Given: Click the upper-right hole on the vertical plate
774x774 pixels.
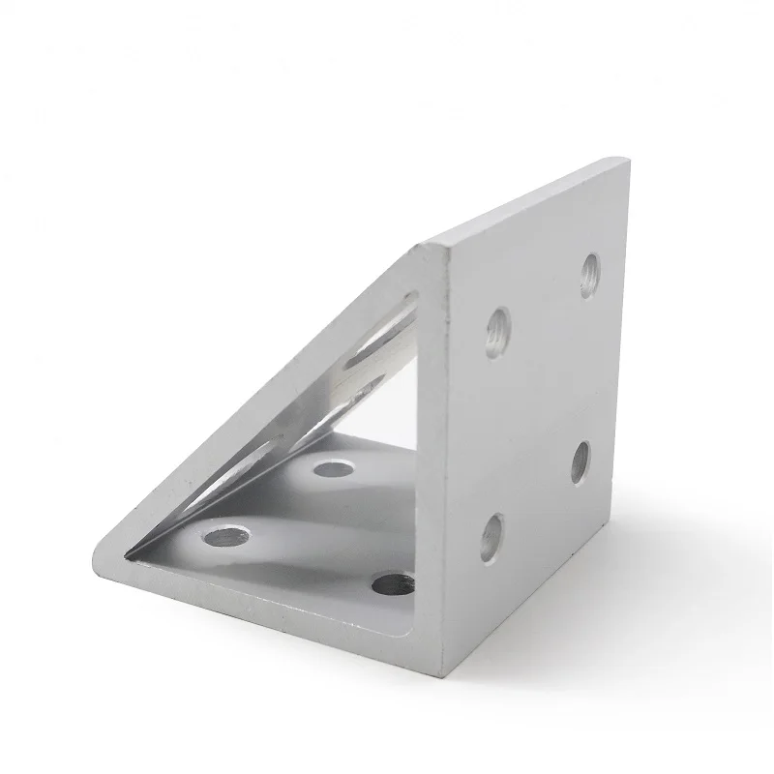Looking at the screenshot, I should coord(589,274).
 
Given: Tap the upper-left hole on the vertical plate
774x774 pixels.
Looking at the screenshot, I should coord(498,332).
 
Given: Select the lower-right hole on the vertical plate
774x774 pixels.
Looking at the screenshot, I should coord(580,461).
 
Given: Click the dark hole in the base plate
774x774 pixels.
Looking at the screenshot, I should coord(393,582).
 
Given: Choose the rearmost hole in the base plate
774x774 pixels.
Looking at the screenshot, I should coord(333,469).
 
